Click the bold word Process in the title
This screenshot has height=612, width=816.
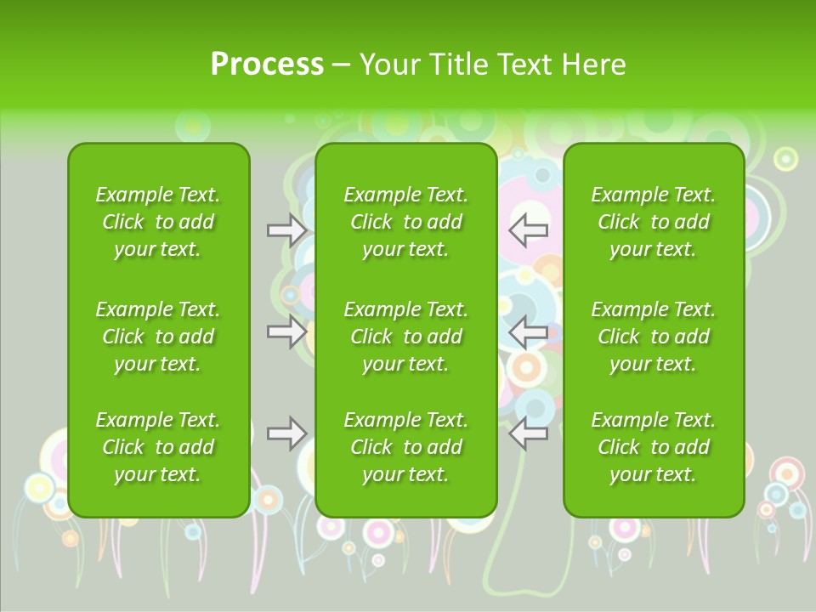267,65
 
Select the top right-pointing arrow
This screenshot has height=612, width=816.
286,229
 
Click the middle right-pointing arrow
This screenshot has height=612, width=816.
286,331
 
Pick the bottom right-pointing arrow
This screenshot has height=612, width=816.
286,433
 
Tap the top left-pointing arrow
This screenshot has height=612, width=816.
529,229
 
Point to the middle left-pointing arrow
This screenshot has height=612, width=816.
529,331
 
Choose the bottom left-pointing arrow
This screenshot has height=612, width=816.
529,433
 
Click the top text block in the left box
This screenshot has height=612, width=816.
158,222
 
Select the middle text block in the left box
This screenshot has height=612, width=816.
158,337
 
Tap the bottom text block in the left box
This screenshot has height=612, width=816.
158,447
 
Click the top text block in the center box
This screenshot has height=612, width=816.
406,222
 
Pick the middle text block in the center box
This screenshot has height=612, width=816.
406,337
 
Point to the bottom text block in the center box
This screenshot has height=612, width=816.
406,447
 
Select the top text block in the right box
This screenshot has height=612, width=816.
654,222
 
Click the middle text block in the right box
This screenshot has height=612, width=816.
654,337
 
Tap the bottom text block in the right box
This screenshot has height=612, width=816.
654,447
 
